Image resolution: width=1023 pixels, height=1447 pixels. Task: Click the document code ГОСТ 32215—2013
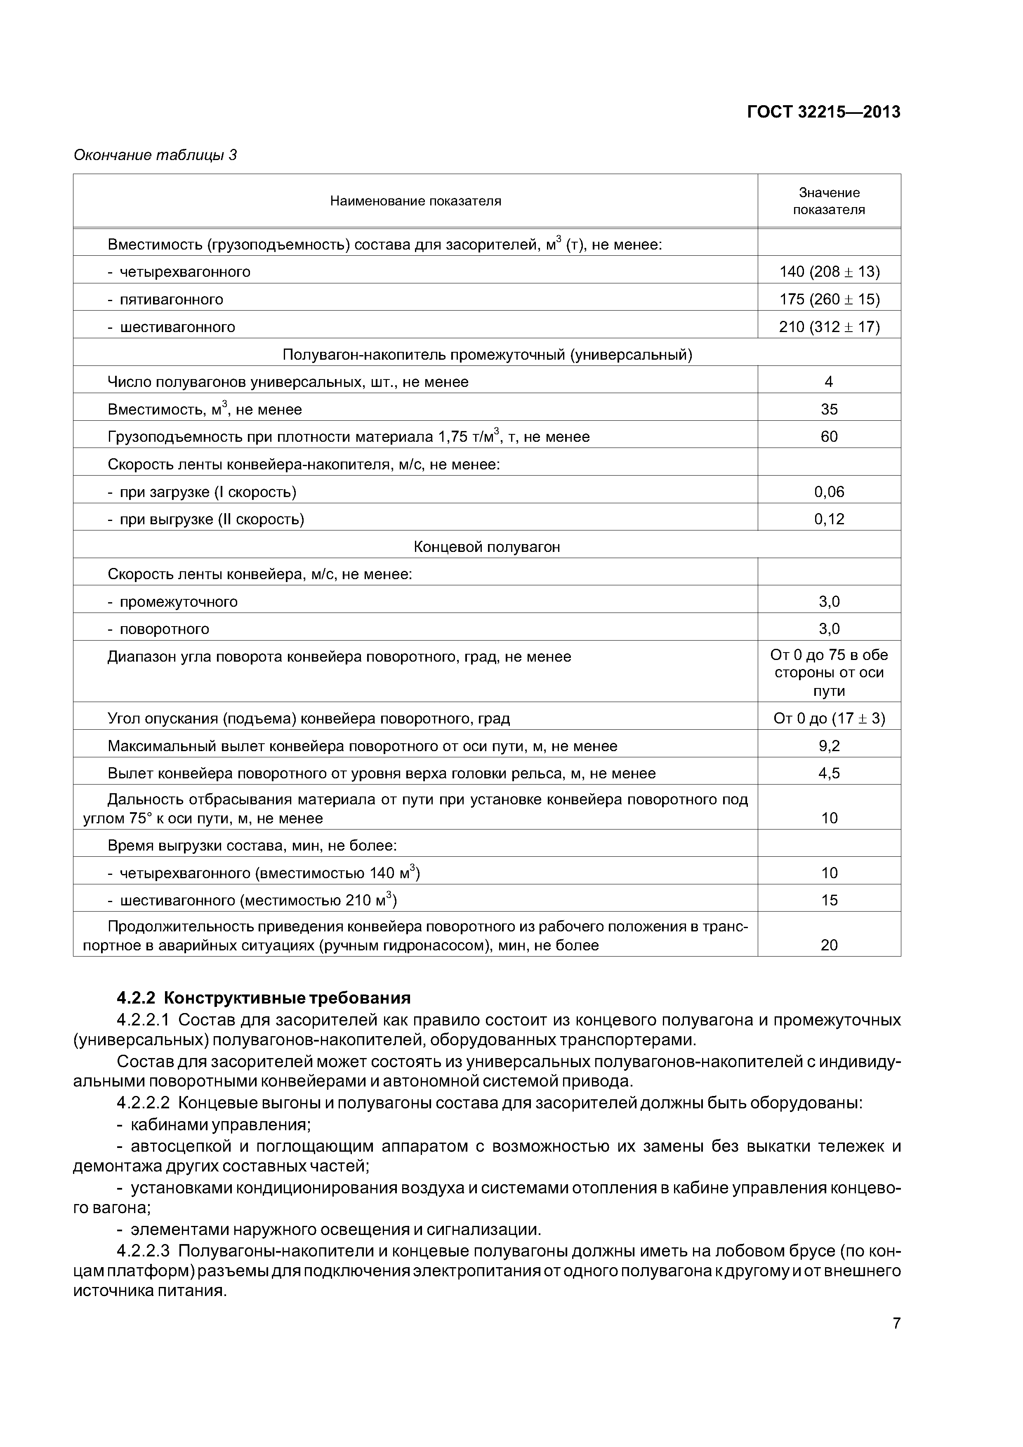tap(823, 112)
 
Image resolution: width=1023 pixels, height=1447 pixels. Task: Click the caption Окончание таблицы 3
tap(155, 155)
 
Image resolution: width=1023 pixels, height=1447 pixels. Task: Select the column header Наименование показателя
tap(415, 201)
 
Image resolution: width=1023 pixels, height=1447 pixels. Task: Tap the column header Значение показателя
tap(829, 201)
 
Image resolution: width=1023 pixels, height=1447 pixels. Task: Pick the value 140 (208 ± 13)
tap(829, 272)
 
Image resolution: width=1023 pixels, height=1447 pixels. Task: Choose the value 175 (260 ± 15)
tap(829, 299)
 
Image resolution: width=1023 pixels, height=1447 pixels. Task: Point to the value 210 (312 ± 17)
tap(829, 327)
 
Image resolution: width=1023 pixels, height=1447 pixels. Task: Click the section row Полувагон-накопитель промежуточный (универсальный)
tap(487, 355)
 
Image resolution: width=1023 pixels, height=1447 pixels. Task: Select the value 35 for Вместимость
tap(829, 410)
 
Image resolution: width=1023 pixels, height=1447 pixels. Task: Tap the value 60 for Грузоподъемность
tap(829, 437)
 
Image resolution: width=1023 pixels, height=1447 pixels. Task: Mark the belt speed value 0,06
tap(829, 492)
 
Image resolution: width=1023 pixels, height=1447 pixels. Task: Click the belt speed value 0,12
tap(829, 519)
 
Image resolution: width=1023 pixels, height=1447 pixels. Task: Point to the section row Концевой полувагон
tap(487, 547)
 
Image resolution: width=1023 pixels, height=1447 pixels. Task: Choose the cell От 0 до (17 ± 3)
tap(829, 719)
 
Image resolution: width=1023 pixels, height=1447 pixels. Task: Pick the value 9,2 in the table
tap(829, 746)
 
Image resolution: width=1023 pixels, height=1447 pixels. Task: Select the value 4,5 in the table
tap(829, 773)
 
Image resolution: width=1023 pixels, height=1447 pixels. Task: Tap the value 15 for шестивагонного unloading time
tap(829, 900)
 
